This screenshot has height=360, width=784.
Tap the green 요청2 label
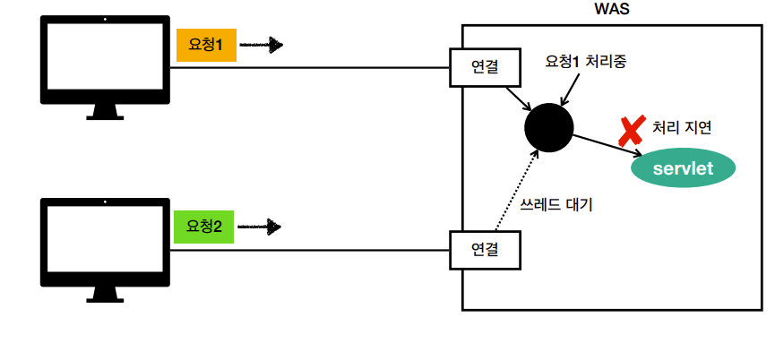(204, 227)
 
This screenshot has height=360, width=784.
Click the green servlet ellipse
(683, 168)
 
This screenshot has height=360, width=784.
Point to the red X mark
(631, 131)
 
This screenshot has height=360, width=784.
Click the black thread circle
(548, 126)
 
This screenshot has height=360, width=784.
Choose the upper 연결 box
(484, 66)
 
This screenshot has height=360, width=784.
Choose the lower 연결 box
(484, 249)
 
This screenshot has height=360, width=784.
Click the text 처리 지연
(682, 127)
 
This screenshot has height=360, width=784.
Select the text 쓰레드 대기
(556, 204)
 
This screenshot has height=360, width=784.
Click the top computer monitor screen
(105, 58)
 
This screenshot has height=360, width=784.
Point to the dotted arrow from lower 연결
(517, 192)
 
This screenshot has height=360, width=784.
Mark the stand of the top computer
(105, 111)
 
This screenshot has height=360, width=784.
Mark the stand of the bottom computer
(105, 293)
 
